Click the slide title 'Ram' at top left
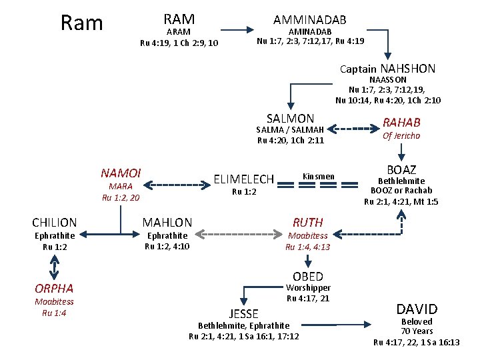coord(81,23)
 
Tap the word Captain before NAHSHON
coord(359,69)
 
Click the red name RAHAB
coord(401,122)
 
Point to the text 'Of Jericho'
coord(401,136)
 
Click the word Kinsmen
coord(319,177)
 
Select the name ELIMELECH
coord(243,179)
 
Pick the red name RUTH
coord(307,223)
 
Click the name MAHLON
coord(167,223)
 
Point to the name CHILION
coord(55,223)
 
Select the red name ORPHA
coord(54,289)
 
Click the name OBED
coord(307,277)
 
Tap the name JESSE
coord(243,313)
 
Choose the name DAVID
coord(417,309)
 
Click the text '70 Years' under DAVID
coord(417,331)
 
